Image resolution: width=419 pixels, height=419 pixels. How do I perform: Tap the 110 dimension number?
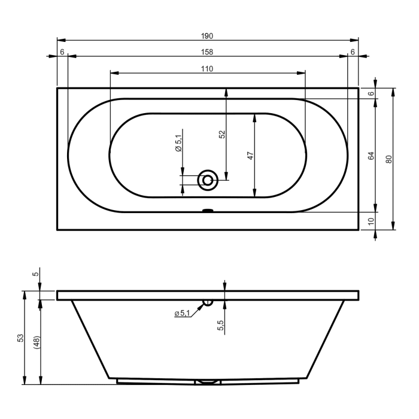point(207,69)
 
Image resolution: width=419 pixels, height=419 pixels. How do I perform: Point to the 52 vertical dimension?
point(222,135)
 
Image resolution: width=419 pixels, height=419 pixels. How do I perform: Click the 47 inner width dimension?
point(251,154)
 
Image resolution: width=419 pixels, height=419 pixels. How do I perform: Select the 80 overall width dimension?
point(389,159)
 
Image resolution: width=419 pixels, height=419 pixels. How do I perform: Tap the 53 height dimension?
point(20,338)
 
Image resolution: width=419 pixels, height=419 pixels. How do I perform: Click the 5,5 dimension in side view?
point(220,326)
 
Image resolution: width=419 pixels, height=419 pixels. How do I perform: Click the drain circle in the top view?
point(208,178)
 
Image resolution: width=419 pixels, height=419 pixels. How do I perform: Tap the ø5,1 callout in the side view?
point(181,313)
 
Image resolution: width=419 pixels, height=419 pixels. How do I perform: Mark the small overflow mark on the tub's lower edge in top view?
point(208,210)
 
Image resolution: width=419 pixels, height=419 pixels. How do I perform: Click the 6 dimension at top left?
point(62,52)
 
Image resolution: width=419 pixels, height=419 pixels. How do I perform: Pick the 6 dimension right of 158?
point(353,52)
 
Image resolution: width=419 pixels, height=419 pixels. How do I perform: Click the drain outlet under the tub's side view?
point(208,381)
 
